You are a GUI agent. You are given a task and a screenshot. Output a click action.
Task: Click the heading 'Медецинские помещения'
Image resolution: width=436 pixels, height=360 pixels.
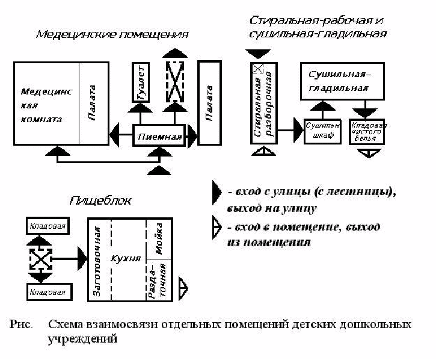[x=112, y=34]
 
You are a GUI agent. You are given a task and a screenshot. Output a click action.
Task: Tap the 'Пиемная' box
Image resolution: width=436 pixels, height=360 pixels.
[x=159, y=136]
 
